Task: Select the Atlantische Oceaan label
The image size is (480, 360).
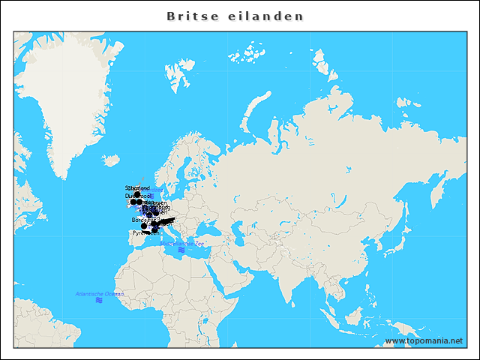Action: coord(99,293)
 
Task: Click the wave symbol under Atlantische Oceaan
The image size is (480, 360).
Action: coord(99,301)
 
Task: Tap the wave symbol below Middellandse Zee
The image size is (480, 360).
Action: coord(181,250)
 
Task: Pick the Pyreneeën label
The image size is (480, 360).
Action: coord(145,232)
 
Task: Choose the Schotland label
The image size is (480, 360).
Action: coord(137,187)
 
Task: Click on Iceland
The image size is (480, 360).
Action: coord(112,160)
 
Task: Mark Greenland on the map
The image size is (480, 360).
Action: coord(82,97)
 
